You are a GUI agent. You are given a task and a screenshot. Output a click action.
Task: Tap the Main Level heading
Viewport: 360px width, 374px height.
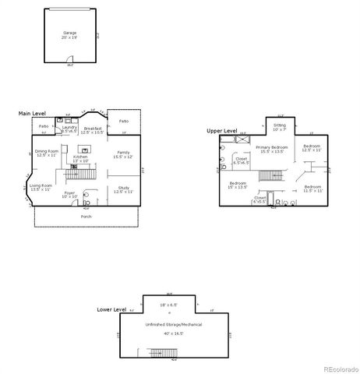tap(32, 114)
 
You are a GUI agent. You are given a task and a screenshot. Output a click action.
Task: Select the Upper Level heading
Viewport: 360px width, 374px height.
tap(222, 131)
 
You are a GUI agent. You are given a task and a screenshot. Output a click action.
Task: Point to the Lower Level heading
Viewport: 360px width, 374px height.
tap(111, 309)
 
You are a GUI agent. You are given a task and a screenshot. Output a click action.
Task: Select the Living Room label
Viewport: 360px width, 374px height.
tap(41, 188)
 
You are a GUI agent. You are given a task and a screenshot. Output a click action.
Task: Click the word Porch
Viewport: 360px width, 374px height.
tap(86, 216)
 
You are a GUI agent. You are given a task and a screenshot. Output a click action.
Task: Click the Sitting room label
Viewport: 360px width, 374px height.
tap(280, 126)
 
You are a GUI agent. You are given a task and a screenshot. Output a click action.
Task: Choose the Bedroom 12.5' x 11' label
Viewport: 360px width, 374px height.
tap(312, 148)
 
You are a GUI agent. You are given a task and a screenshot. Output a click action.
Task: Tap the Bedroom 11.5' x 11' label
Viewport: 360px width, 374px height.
tap(312, 189)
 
